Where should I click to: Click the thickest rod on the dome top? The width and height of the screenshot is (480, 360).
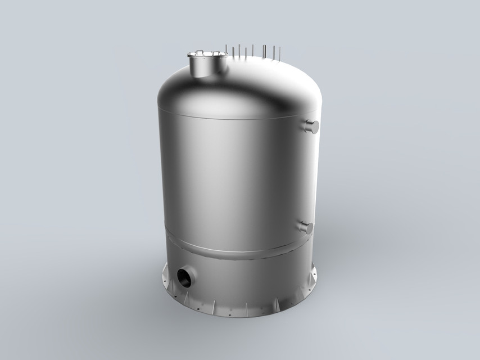[264, 52]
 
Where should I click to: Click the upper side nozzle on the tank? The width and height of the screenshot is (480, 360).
[310, 126]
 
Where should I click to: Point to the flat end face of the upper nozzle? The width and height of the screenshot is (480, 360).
[315, 125]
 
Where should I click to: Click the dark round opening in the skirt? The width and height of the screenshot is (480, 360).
[184, 277]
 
